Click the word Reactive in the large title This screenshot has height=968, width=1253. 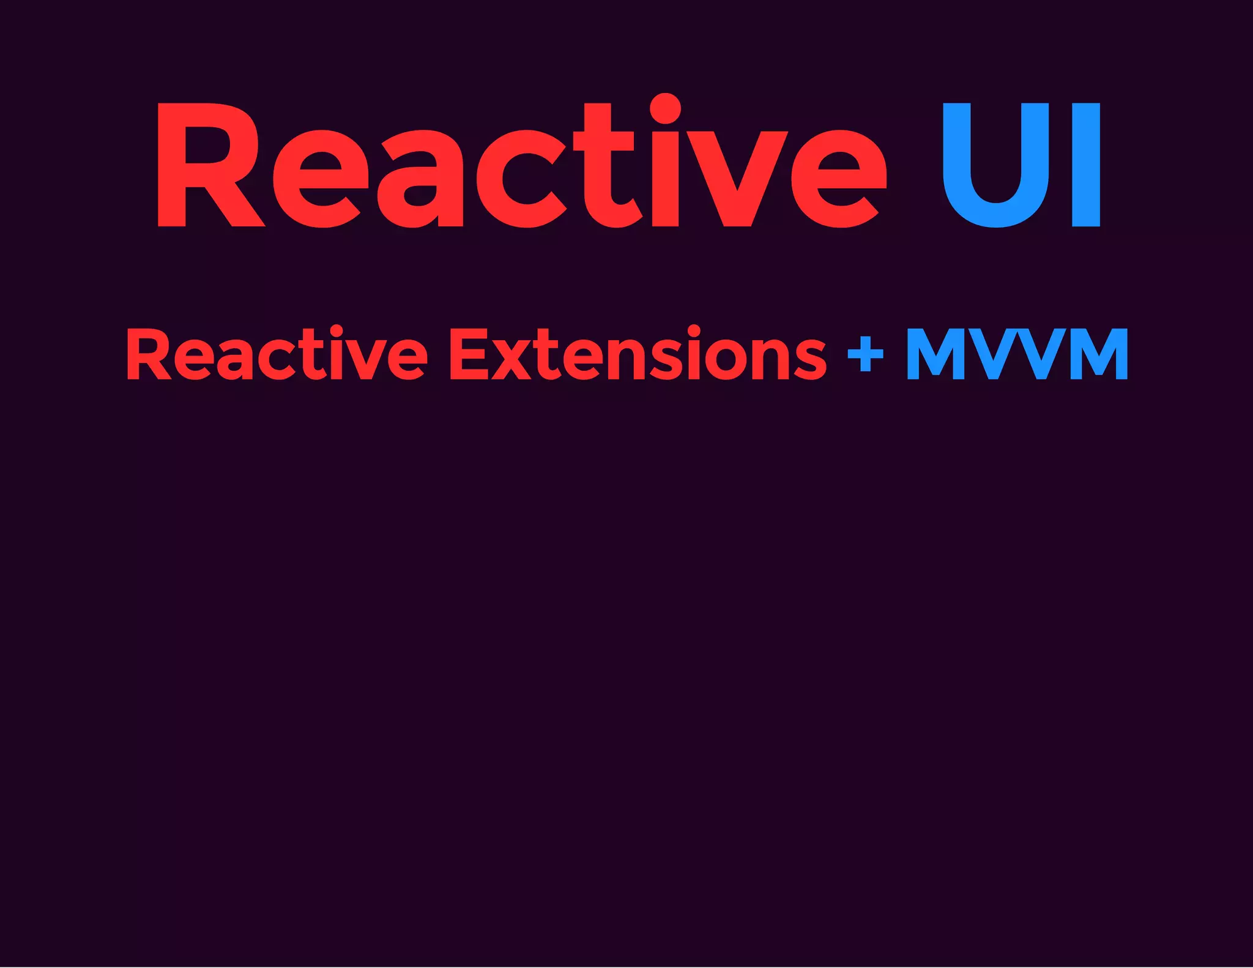[520, 165]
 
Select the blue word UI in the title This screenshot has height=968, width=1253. [1021, 165]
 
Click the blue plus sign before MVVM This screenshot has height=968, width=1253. [866, 354]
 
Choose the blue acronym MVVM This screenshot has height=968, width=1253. [1017, 354]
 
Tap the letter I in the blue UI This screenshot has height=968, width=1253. [1086, 165]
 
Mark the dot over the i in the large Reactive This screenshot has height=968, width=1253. [665, 109]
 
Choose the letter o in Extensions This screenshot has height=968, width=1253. [728, 361]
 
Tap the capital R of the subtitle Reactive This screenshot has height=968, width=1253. [147, 355]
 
